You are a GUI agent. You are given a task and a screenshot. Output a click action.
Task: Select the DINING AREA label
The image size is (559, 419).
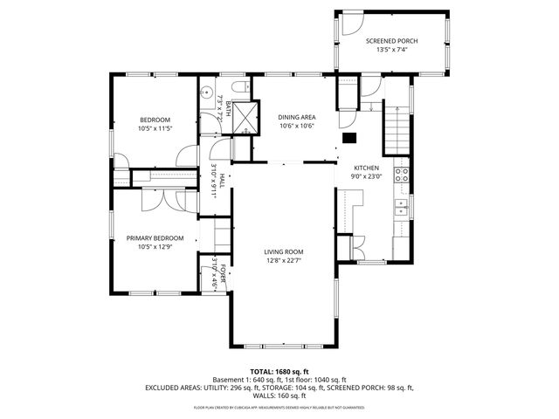tap(296, 116)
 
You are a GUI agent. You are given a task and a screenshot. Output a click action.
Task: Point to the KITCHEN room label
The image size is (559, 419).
tap(365, 167)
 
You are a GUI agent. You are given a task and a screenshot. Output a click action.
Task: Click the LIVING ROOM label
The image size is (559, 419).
tap(283, 251)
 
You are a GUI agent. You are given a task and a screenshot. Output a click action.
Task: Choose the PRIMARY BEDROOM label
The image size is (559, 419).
tap(155, 238)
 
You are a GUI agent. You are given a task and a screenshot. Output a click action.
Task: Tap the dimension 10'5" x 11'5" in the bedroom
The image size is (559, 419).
tap(155, 127)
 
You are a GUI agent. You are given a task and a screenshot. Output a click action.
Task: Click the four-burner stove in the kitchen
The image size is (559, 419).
tap(403, 173)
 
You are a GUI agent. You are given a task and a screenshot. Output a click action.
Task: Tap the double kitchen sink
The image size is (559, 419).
tap(403, 207)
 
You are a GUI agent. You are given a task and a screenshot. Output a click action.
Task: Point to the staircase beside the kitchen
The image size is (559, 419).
tap(397, 127)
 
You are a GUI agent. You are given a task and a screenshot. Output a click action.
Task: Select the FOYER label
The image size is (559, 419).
tap(223, 275)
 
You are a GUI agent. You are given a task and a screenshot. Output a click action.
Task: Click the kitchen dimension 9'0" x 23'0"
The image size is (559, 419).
tap(365, 175)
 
